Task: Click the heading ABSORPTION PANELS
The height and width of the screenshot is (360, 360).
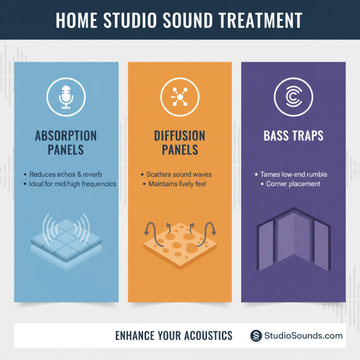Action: pos(66,143)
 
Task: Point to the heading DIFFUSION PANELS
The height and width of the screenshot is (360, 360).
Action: pos(180,143)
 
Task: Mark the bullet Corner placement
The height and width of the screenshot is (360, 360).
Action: pos(293,184)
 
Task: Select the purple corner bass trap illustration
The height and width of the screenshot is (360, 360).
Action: pos(293,241)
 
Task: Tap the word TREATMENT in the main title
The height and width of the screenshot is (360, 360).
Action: pos(261,21)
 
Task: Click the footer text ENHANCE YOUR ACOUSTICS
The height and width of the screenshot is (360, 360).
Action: pos(174,336)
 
